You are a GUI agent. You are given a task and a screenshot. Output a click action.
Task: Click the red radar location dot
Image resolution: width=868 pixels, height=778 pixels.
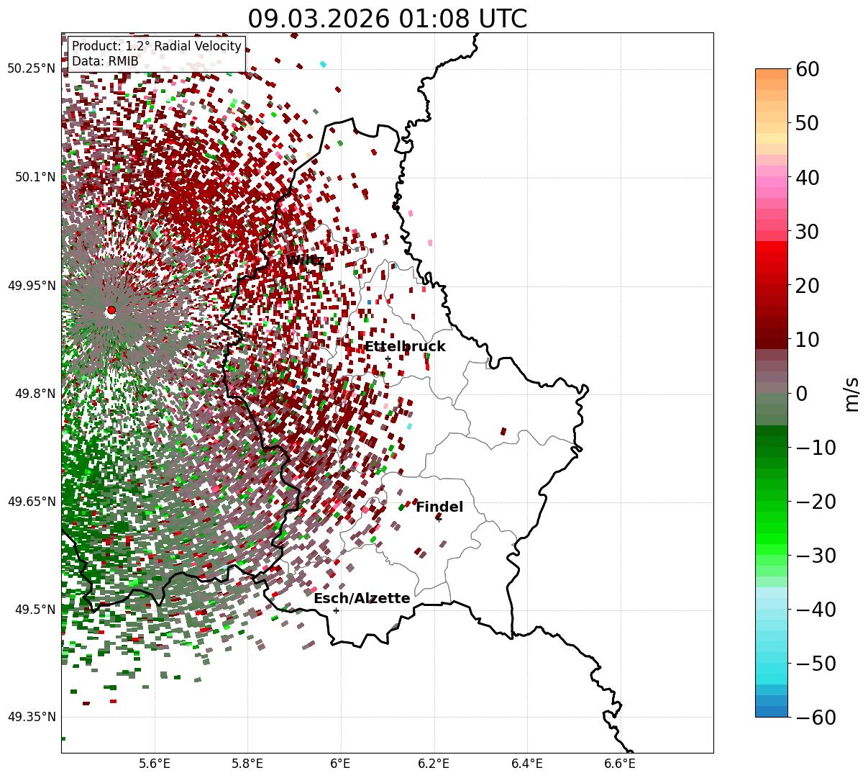(111, 310)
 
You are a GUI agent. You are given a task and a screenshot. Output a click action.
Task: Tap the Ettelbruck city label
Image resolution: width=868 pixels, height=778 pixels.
(405, 347)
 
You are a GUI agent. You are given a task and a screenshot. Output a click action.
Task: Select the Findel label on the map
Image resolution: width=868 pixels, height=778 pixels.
(439, 507)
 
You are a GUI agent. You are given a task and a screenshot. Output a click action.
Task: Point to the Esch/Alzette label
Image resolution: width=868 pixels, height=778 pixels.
(362, 599)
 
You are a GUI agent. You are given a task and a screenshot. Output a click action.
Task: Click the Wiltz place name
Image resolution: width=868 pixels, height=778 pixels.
(305, 260)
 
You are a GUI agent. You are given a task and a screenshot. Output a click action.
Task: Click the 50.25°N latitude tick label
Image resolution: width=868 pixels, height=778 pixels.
(31, 69)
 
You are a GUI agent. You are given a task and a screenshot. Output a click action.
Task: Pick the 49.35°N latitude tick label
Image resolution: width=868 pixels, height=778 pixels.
(31, 717)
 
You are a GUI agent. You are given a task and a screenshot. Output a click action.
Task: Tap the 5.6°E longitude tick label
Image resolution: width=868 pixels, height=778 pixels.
(154, 763)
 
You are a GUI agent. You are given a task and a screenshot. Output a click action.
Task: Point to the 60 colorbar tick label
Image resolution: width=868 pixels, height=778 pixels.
(809, 69)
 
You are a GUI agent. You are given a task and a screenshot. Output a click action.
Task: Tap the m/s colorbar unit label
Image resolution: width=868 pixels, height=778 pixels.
(852, 394)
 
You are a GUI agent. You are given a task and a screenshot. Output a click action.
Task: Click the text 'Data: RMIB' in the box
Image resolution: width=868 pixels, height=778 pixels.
(105, 61)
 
